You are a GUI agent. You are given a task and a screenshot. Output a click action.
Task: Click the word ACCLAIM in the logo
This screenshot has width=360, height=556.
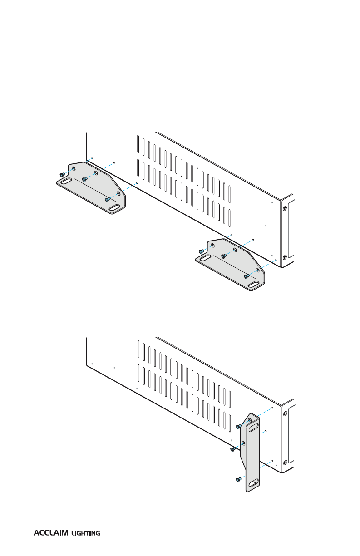[x=51, y=533]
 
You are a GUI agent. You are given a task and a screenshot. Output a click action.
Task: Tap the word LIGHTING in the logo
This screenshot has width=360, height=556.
[x=86, y=533]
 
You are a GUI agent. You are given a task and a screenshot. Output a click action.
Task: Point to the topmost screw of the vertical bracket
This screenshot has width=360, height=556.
[x=238, y=427]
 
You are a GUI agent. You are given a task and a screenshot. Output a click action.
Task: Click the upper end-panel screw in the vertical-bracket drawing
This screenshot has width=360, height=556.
[x=285, y=414]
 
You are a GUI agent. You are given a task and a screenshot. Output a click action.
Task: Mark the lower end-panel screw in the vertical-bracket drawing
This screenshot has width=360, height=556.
[x=285, y=463]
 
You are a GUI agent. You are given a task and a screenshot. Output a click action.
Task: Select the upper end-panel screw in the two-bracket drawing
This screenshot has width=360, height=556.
[x=285, y=208]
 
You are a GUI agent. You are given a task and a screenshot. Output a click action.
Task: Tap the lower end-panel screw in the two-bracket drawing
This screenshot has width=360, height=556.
[x=285, y=257]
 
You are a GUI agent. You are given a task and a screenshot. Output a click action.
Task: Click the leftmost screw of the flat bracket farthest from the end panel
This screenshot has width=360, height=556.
[x=62, y=175]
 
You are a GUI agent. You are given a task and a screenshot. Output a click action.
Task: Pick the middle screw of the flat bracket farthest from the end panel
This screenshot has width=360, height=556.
[x=84, y=179]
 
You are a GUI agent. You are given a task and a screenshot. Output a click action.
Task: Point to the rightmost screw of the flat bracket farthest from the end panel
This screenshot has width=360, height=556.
[x=108, y=200]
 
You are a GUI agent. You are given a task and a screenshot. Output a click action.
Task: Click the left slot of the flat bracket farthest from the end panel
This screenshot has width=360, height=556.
[x=66, y=181]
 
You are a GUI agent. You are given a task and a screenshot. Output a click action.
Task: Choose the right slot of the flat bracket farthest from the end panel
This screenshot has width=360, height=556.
[x=115, y=208]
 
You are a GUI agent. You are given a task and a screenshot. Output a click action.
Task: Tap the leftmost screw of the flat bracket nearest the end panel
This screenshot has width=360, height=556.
[x=202, y=251]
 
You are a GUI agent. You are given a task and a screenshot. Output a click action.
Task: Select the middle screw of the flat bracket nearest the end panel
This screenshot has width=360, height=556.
[x=224, y=256]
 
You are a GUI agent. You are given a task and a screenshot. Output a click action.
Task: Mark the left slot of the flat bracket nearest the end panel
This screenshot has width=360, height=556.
[x=206, y=258]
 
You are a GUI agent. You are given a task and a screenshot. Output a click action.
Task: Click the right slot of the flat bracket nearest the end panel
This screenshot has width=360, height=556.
[x=254, y=285]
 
